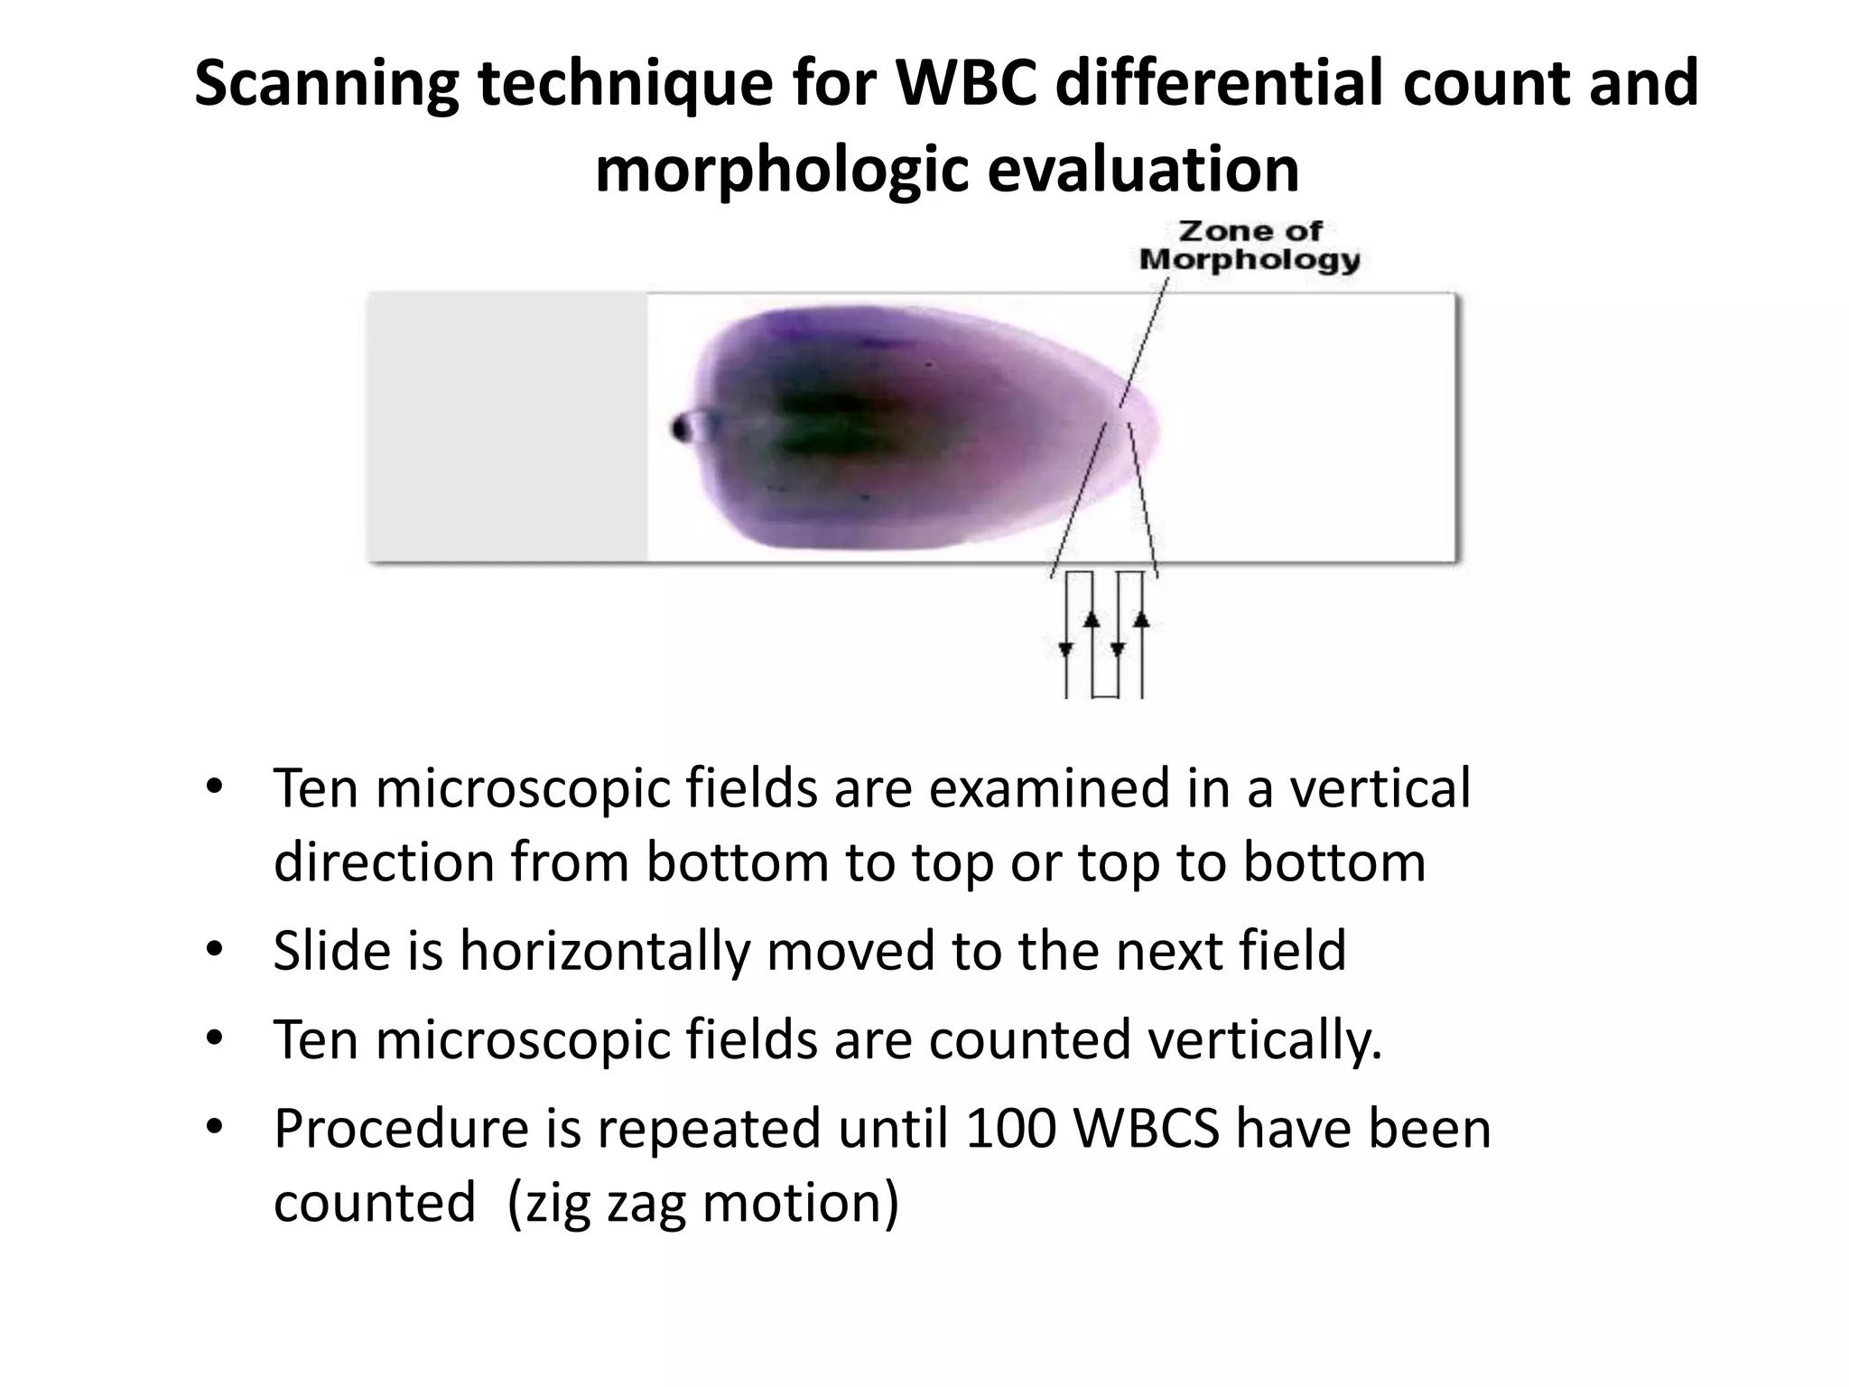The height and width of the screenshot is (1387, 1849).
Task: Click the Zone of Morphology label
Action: click(1249, 246)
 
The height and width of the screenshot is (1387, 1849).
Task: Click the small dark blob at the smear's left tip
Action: click(682, 427)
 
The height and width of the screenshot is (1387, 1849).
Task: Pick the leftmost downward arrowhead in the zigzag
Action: click(1066, 647)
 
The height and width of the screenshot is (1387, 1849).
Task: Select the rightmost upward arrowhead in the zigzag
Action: click(1142, 619)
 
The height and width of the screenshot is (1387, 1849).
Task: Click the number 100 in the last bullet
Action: click(1010, 1129)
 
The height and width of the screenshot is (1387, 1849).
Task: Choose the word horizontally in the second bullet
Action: click(605, 951)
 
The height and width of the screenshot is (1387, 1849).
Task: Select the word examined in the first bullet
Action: click(1049, 787)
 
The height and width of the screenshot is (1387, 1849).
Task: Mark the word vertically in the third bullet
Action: click(1265, 1039)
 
